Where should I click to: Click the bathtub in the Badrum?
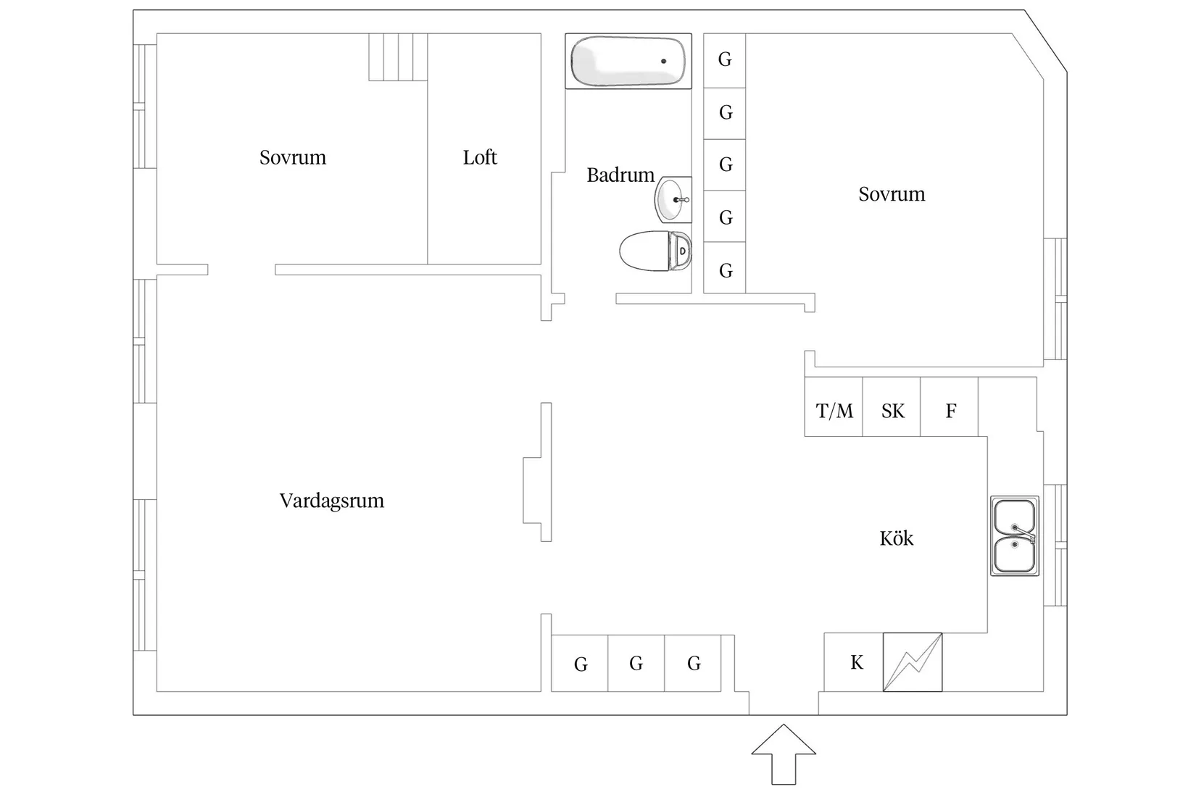(628, 62)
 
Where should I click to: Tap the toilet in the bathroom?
(655, 251)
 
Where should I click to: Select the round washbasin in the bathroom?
(672, 199)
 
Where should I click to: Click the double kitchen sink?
(1014, 536)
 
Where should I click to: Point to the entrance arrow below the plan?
(784, 755)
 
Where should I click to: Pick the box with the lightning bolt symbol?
(913, 662)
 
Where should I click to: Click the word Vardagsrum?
(332, 501)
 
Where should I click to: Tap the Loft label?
(480, 157)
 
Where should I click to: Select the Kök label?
(896, 538)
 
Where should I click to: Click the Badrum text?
(620, 175)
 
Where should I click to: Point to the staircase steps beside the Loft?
(397, 57)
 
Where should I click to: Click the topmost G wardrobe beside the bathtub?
(725, 60)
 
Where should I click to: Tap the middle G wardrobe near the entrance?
(636, 663)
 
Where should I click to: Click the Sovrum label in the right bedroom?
(892, 194)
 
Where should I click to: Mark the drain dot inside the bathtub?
(663, 62)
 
